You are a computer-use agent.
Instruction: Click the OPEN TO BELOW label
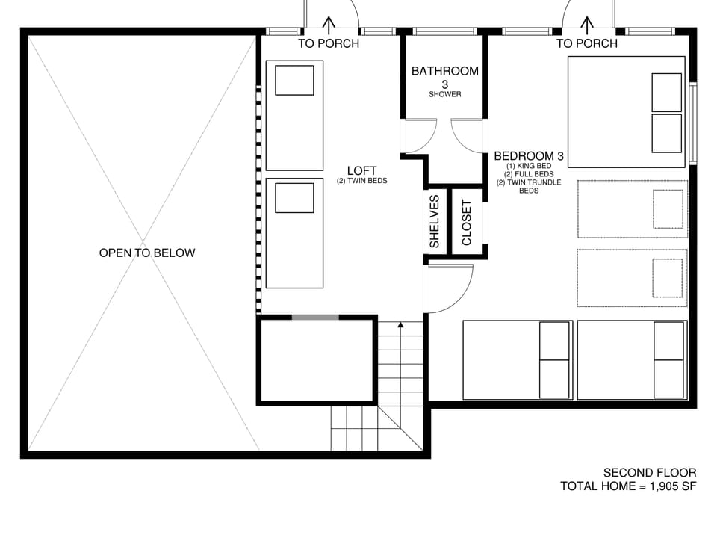(x=147, y=253)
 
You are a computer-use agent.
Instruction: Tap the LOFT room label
(x=361, y=170)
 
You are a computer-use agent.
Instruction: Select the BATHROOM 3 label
(x=445, y=72)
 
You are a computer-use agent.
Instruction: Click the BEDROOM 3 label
(x=528, y=156)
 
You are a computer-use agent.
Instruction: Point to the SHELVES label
(x=434, y=221)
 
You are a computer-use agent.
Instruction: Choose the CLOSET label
(x=467, y=222)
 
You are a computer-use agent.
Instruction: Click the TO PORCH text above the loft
(x=329, y=43)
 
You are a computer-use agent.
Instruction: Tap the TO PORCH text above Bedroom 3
(x=587, y=43)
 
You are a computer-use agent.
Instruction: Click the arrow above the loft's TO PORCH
(x=329, y=25)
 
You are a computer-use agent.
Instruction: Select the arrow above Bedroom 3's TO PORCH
(x=587, y=25)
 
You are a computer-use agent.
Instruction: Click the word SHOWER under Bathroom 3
(x=445, y=95)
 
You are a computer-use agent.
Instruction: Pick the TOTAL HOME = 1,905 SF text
(x=628, y=486)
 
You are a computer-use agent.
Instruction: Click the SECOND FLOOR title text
(x=650, y=472)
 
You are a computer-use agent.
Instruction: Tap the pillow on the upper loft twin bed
(x=294, y=80)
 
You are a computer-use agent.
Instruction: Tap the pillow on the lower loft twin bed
(x=294, y=198)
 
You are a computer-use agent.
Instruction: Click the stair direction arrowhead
(x=400, y=325)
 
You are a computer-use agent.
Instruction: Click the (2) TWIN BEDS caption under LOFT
(x=361, y=182)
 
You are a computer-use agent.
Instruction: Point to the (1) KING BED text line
(x=529, y=166)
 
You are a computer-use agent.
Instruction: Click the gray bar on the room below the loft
(x=314, y=318)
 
